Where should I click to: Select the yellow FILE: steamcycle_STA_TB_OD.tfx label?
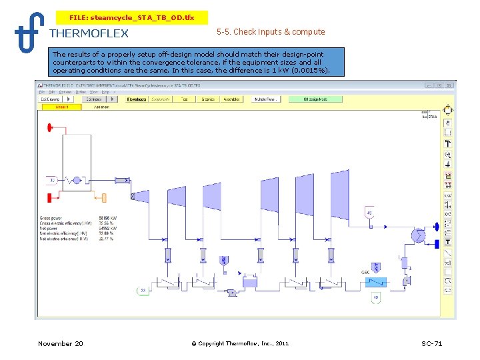[131, 17]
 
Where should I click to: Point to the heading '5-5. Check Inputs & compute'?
[271, 31]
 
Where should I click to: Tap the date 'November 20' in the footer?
[61, 343]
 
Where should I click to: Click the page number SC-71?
[431, 343]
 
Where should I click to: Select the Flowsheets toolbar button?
[137, 99]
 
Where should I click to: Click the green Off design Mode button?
[315, 99]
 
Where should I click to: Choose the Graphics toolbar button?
[209, 99]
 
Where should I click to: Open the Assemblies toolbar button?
[231, 99]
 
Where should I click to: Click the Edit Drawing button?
[51, 99]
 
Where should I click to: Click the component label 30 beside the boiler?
[51, 180]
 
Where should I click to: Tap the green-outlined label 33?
[142, 290]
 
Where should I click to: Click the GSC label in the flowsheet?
[365, 272]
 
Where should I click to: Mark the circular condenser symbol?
[418, 235]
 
